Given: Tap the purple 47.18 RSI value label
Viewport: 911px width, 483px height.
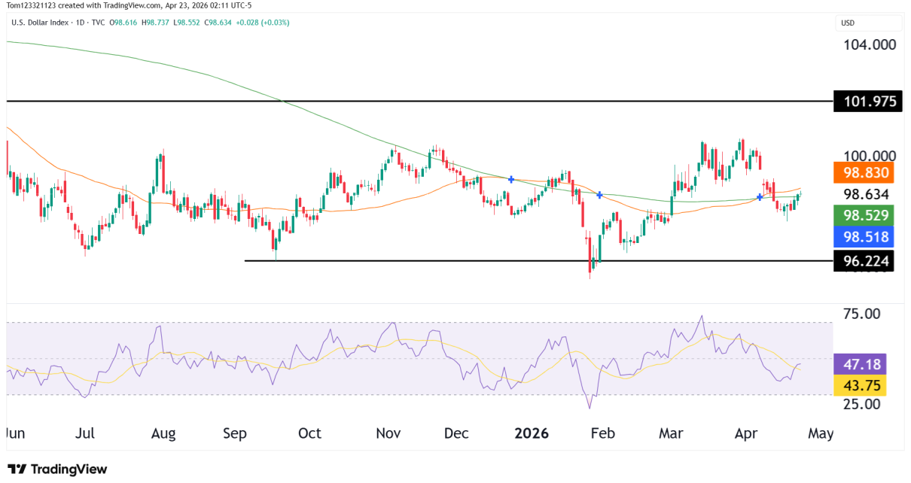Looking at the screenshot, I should [861, 365].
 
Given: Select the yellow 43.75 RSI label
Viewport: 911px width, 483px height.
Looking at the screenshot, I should [861, 385].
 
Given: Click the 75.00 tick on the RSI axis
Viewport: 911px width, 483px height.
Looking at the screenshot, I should [861, 313].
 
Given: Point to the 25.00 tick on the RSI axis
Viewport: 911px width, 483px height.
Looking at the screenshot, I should [861, 404].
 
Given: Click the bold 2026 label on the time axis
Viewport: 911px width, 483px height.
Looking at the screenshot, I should [531, 434].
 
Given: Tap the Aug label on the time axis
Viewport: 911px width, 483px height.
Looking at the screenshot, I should [163, 434].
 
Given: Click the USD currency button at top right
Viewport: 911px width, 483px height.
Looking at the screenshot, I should [848, 23].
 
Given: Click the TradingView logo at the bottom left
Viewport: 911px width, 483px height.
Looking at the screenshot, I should [57, 469].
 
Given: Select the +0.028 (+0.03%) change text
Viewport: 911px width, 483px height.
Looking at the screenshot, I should [262, 23].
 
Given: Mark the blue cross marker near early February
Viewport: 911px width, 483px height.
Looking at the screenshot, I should [599, 195].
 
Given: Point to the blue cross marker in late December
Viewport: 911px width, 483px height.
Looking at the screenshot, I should [511, 179].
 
